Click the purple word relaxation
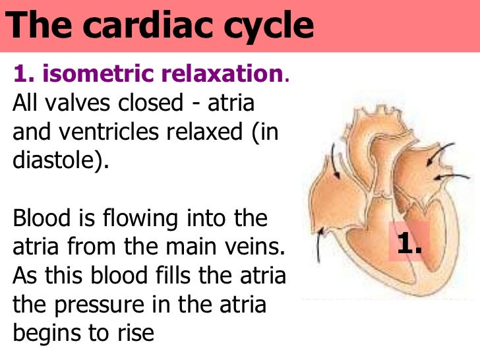224,75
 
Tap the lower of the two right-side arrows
448,177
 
